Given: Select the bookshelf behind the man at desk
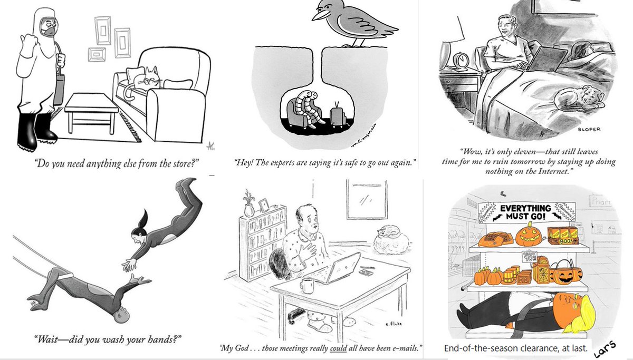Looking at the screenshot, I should [262, 242].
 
